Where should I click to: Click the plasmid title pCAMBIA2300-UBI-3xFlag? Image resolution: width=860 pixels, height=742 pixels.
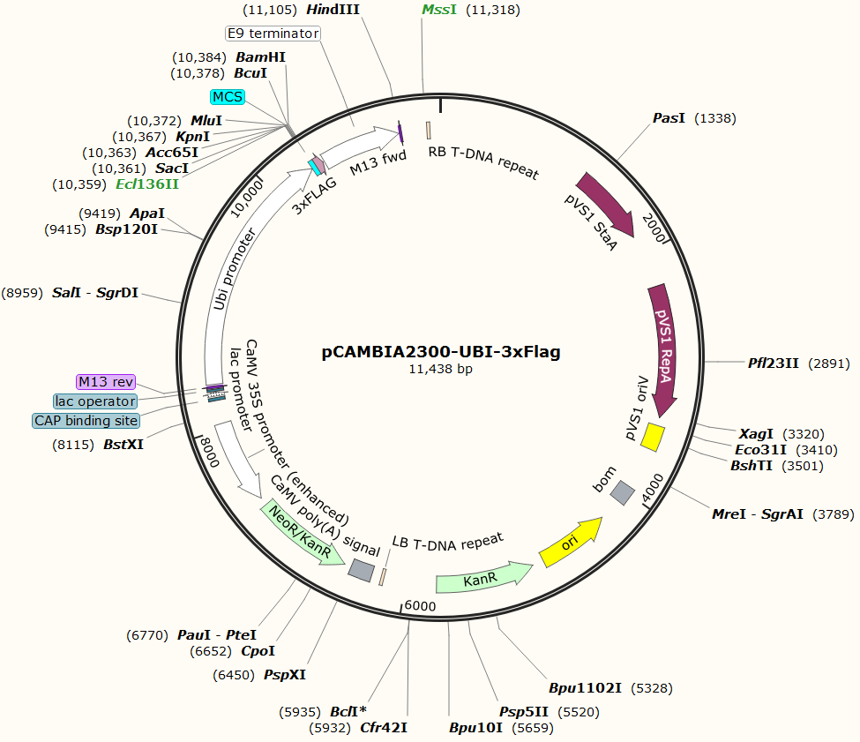pos(441,351)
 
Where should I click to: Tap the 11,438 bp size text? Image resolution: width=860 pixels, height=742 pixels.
pos(441,370)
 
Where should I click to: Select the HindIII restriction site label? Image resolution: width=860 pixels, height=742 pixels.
pos(333,10)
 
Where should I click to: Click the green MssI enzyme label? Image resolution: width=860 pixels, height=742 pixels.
pos(439,10)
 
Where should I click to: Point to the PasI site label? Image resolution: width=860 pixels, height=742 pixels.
pos(669,118)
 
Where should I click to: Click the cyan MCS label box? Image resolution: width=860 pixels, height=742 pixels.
pos(228,95)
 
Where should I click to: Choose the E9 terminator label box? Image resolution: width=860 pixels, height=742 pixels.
pos(272,34)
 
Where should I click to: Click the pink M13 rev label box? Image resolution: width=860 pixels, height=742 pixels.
pos(106,381)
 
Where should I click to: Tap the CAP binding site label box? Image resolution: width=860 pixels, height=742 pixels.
pos(86,420)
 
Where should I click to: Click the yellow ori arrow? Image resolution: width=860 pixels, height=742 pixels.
pos(571,542)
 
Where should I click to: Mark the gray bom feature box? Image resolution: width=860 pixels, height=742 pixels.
pos(624,493)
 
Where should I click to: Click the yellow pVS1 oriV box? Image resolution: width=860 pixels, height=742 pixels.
pos(654,436)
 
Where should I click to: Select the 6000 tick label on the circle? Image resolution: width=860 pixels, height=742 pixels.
pos(420,606)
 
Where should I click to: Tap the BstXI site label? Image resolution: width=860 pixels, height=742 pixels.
pos(123,445)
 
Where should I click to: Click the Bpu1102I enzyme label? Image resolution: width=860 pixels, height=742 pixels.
pos(586,687)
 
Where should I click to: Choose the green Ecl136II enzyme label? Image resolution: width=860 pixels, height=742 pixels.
pos(147,184)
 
